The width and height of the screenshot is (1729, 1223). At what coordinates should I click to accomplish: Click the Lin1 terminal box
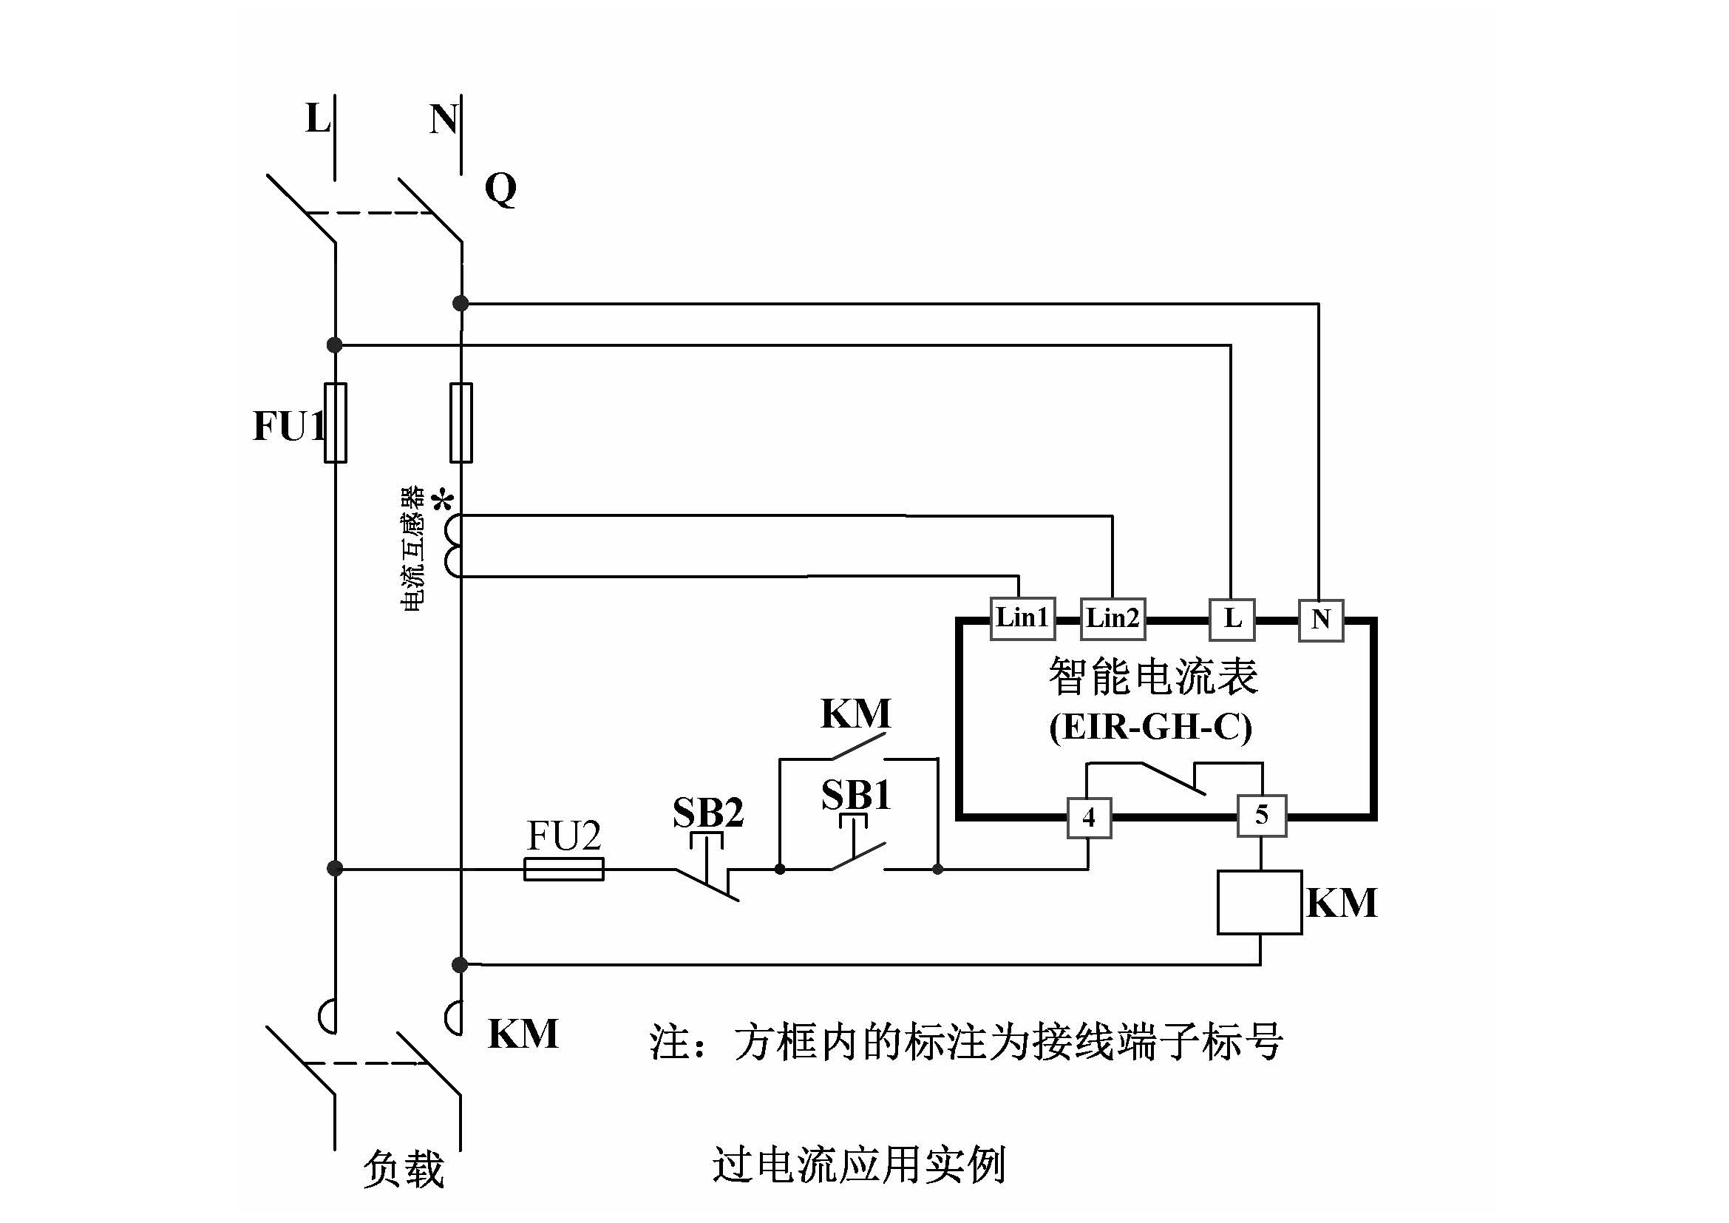(1022, 618)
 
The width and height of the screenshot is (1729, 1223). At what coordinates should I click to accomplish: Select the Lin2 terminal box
(1113, 618)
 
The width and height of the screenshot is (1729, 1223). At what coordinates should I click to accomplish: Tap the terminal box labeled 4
(1089, 817)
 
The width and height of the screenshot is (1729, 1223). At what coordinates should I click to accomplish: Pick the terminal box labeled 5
(1262, 815)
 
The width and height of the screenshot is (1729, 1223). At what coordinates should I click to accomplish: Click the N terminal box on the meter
(1321, 620)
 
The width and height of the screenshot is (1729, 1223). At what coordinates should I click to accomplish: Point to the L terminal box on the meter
(1232, 619)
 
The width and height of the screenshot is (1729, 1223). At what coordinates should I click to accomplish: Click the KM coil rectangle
(1260, 902)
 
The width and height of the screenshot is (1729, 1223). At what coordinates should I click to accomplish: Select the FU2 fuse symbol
(563, 869)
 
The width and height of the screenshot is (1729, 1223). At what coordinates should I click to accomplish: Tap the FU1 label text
(288, 425)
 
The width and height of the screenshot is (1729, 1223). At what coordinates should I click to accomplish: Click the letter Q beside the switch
(500, 189)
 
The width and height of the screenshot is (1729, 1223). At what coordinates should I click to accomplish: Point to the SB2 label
(708, 813)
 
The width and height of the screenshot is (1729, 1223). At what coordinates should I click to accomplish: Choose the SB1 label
(856, 794)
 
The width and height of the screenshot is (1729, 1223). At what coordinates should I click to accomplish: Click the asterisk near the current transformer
(444, 500)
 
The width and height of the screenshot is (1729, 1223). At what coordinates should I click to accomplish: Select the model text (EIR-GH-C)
(1150, 727)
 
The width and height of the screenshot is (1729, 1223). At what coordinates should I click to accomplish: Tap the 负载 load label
(404, 1169)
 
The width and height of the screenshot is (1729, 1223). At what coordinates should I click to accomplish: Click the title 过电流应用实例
(858, 1165)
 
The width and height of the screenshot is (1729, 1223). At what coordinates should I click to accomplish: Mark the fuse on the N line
(461, 422)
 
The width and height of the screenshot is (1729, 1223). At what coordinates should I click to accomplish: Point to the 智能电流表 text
(1153, 676)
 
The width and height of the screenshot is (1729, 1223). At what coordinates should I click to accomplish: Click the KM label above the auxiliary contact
(855, 712)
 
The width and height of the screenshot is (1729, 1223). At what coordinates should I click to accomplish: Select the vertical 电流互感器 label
(412, 548)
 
